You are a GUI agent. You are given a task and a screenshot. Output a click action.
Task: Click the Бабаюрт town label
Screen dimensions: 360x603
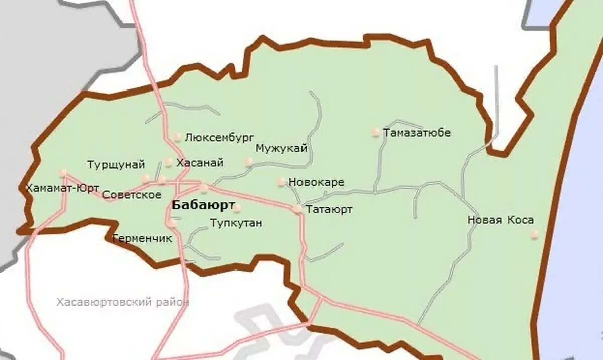point(203,206)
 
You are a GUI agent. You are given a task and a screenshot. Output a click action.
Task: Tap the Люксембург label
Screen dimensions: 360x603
point(220,137)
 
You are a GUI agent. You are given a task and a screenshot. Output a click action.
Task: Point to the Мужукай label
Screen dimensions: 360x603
point(281,148)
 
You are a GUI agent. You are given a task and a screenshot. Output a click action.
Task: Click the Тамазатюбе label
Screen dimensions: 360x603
point(417,133)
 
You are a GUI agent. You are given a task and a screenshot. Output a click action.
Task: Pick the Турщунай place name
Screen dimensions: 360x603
point(116,165)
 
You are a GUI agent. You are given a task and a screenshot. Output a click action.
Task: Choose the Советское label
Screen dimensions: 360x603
point(131,195)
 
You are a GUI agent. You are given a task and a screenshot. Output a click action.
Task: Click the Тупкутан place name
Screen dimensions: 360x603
point(236,223)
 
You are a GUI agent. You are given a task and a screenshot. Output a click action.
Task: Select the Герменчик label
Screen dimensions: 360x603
point(142,239)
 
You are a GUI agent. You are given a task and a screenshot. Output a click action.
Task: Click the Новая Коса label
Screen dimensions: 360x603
point(500,220)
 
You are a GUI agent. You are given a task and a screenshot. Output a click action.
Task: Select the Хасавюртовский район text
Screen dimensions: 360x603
point(123,302)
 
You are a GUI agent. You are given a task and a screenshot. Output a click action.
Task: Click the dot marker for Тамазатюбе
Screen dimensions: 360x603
point(375,132)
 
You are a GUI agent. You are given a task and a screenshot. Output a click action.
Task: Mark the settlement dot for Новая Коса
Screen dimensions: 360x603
point(535,234)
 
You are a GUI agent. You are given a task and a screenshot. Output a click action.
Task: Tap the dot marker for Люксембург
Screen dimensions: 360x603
point(177,136)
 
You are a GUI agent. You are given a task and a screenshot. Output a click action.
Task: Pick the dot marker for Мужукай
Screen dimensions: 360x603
point(248,161)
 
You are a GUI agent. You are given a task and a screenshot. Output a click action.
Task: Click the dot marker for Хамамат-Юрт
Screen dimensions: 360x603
point(63,172)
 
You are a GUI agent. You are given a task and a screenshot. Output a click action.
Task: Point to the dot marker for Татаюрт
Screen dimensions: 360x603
point(298,208)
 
